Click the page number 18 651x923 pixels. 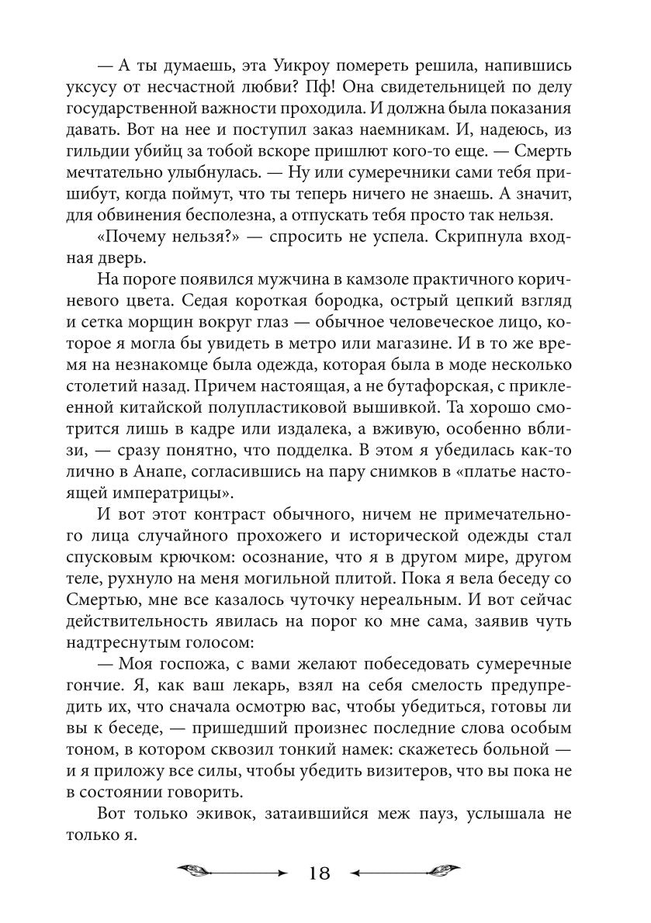pyautogui.click(x=319, y=873)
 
